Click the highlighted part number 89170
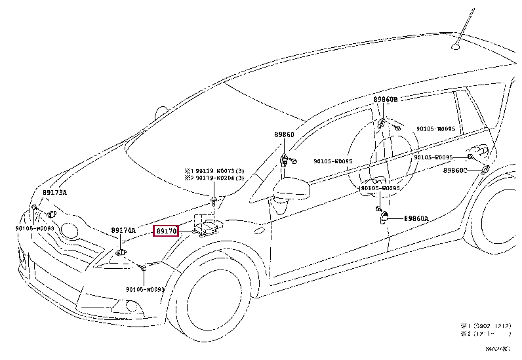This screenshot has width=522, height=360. (x=165, y=231)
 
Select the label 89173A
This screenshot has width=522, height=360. (x=54, y=193)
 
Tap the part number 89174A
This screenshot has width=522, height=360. (x=123, y=231)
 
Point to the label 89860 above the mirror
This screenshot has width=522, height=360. (x=284, y=134)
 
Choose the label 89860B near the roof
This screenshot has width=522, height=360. (x=386, y=100)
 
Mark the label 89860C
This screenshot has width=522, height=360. (x=454, y=170)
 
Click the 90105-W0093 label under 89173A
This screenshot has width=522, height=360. (x=35, y=228)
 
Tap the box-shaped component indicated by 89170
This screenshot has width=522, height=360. (x=209, y=227)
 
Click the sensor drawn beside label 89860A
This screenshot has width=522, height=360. (x=387, y=217)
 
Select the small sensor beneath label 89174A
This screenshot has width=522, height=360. (x=121, y=251)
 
